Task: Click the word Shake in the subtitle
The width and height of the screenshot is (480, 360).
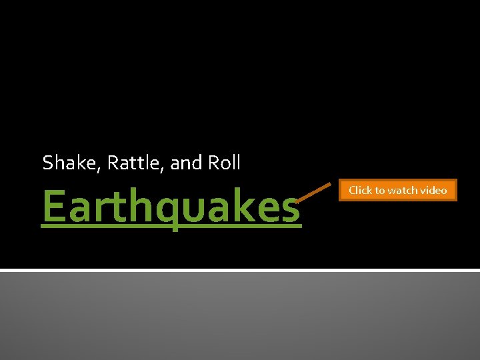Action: [x=64, y=163]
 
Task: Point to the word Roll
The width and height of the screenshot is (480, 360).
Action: [x=224, y=163]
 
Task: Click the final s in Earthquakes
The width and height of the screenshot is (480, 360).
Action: [x=288, y=209]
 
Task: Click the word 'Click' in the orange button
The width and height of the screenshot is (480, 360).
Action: [x=361, y=191]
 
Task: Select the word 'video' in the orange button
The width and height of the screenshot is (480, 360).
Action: [x=433, y=191]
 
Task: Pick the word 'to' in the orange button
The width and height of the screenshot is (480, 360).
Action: [x=380, y=191]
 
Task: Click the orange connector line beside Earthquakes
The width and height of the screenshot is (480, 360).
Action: [x=313, y=192]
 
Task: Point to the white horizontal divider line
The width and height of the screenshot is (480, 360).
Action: [x=240, y=270]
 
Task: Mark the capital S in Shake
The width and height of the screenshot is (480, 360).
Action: [x=47, y=163]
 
